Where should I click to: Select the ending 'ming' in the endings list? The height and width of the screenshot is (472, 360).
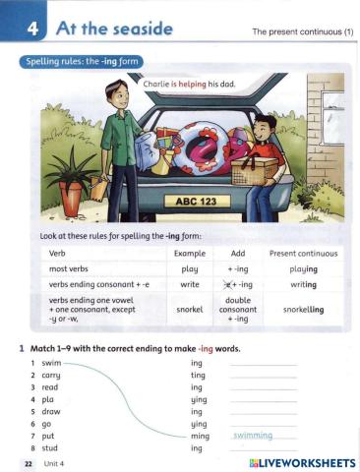coord(201,436)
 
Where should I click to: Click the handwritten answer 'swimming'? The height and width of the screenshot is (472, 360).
coord(253,434)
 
